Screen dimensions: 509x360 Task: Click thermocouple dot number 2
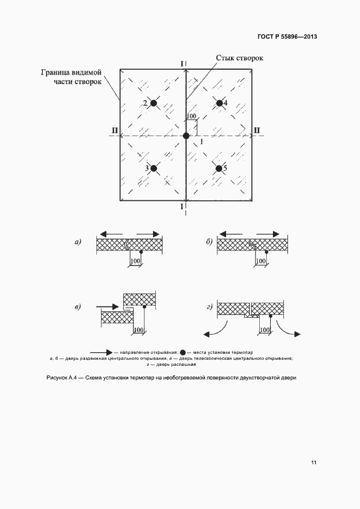click(x=154, y=103)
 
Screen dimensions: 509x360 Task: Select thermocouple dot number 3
click(x=154, y=169)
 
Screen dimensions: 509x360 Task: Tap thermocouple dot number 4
click(x=219, y=103)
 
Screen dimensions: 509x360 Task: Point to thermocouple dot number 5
click(x=218, y=169)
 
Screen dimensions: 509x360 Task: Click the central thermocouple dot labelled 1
click(x=186, y=136)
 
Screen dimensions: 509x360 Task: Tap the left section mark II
click(x=114, y=130)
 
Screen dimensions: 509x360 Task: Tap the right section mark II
click(x=257, y=130)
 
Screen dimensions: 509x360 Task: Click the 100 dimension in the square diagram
click(x=191, y=116)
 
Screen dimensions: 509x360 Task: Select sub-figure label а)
click(x=78, y=242)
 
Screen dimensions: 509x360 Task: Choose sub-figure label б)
click(x=209, y=242)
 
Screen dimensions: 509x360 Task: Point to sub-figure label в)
click(x=78, y=308)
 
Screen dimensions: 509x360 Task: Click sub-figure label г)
click(x=209, y=308)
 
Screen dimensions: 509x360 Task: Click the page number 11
click(x=314, y=462)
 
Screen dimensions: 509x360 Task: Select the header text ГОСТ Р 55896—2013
click(x=287, y=37)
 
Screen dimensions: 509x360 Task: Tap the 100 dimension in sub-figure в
click(x=138, y=330)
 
